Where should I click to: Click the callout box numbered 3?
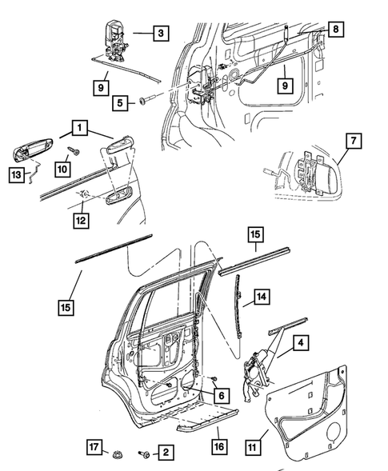coord(161,34)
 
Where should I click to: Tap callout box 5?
coord(121,102)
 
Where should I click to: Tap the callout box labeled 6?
coord(222,395)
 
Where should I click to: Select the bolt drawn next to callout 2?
coord(145,454)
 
